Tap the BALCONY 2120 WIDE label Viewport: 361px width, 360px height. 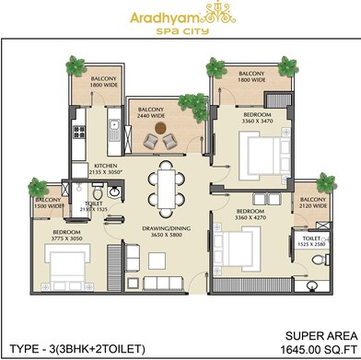click(311, 203)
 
